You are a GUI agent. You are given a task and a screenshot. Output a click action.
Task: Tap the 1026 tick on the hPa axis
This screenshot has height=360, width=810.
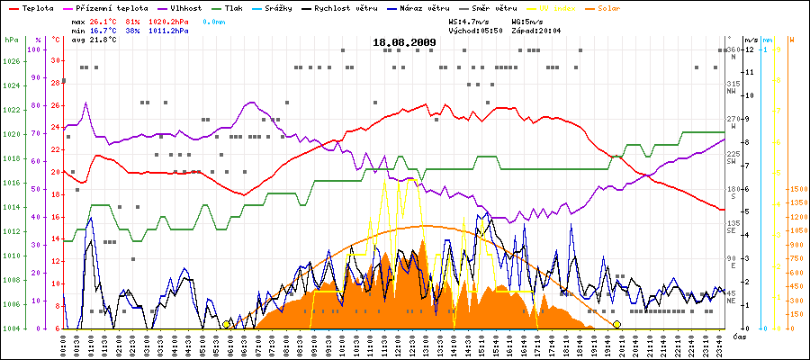(11, 61)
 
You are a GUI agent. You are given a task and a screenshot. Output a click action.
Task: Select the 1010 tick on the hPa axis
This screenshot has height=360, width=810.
(11, 255)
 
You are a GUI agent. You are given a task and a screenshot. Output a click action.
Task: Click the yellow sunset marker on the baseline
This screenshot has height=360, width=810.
(616, 324)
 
